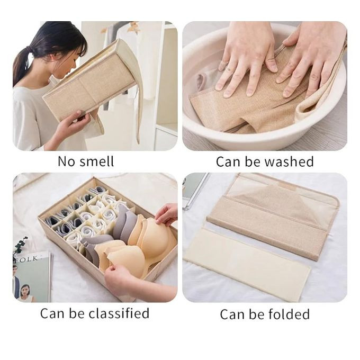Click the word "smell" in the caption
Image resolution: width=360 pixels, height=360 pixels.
pos(96,161)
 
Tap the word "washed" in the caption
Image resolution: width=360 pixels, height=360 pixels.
pos(289,161)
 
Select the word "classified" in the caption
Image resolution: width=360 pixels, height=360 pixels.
pos(119,313)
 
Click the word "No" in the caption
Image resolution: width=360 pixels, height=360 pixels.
pos(66,161)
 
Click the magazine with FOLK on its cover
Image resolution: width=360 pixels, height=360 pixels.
pos(32,277)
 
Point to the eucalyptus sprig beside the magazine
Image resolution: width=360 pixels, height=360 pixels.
pos(21,246)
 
